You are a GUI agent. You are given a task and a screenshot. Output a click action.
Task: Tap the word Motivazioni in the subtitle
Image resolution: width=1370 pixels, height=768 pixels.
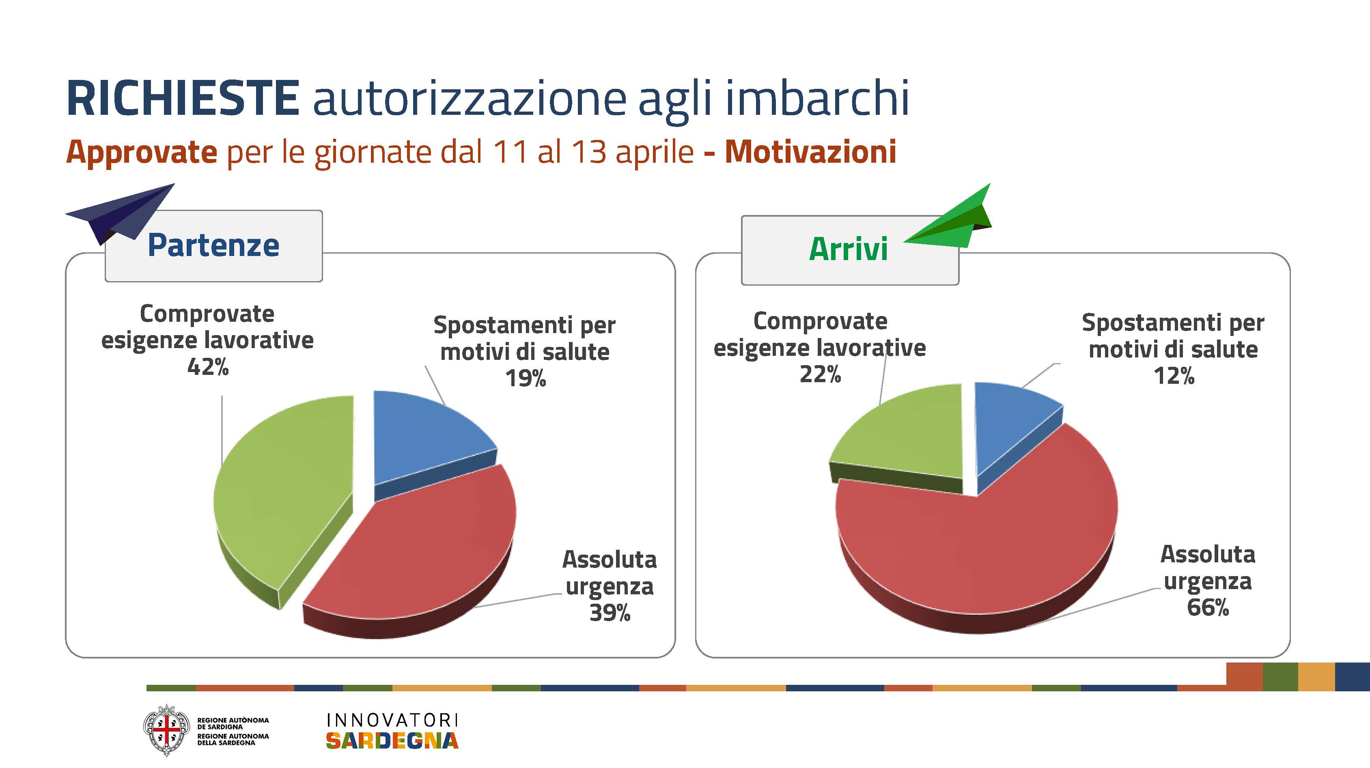pyautogui.click(x=810, y=152)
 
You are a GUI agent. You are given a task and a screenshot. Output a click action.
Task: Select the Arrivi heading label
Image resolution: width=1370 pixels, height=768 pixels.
pyautogui.click(x=848, y=249)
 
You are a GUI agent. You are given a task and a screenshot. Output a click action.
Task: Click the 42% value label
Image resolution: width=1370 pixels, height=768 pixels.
pyautogui.click(x=208, y=366)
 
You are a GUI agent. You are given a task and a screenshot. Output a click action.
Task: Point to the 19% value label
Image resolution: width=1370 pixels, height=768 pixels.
pyautogui.click(x=526, y=378)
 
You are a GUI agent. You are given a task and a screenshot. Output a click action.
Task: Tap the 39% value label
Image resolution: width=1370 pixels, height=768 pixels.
pyautogui.click(x=610, y=612)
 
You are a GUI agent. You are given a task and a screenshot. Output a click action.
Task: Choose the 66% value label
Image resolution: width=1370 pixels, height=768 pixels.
pyautogui.click(x=1208, y=607)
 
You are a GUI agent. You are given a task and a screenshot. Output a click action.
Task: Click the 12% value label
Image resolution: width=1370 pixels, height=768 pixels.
pyautogui.click(x=1174, y=376)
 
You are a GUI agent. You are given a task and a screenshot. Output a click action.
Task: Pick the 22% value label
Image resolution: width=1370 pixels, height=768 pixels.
pyautogui.click(x=820, y=374)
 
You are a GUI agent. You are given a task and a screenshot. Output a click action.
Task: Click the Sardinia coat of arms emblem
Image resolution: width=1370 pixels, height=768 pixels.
pyautogui.click(x=166, y=730)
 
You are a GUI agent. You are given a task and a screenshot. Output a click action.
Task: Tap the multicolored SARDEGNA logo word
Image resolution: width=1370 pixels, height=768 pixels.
pyautogui.click(x=392, y=740)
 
